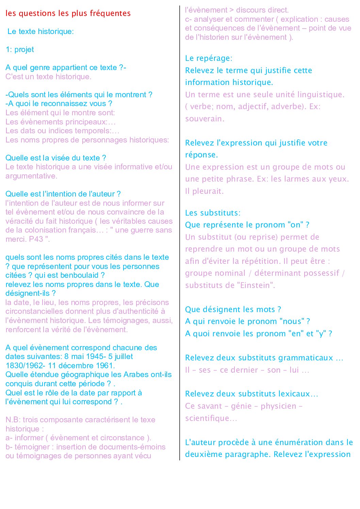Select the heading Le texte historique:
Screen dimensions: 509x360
tap(40, 32)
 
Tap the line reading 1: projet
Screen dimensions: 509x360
tap(20, 50)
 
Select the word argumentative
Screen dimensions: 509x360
tap(31, 176)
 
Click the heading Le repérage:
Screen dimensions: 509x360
tap(209, 58)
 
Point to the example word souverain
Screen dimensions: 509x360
tap(204, 119)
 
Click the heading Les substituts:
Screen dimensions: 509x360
tap(213, 213)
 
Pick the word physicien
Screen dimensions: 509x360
tap(278, 406)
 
